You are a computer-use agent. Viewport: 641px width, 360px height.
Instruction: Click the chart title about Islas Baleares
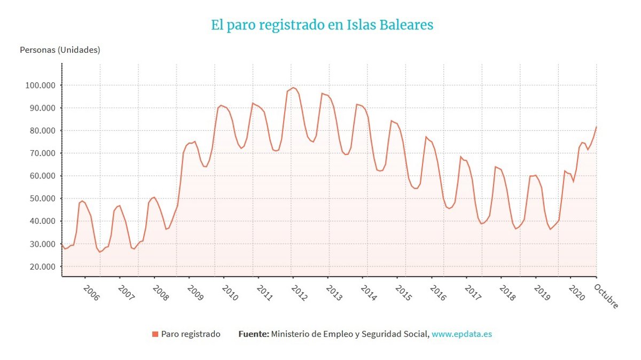coord(322,25)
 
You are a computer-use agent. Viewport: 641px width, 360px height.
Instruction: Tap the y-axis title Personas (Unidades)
coord(60,50)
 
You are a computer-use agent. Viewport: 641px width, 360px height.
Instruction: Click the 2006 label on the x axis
coord(91,294)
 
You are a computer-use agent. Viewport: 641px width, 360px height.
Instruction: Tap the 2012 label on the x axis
coord(300,294)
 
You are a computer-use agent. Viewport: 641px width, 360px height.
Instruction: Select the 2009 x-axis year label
coord(196,294)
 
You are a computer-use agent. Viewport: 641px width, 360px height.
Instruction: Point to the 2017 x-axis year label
coord(473,294)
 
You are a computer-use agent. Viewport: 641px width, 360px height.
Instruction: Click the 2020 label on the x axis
coord(577,294)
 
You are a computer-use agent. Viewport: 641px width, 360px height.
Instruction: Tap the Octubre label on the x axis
coord(606,296)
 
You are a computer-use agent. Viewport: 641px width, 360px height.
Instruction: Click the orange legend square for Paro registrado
coord(155,334)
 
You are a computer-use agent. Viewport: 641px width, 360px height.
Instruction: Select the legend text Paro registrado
coord(191,334)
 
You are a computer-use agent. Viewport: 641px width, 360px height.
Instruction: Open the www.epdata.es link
coord(462,334)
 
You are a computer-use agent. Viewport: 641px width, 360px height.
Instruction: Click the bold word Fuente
coord(253,334)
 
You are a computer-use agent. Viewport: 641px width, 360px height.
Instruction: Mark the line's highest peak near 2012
coord(293,88)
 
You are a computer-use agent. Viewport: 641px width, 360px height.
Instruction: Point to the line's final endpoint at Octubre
coord(596,127)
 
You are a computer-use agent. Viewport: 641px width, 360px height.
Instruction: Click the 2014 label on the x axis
coord(369,294)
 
